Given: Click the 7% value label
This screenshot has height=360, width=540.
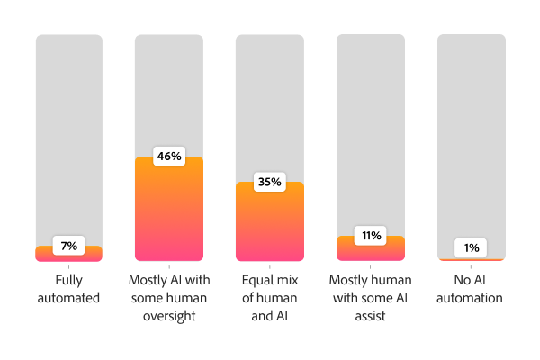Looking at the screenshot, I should [69, 246].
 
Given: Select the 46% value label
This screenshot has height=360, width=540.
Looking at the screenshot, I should [169, 157].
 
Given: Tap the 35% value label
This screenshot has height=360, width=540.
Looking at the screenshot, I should [270, 182].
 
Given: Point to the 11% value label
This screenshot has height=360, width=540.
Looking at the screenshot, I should [371, 236].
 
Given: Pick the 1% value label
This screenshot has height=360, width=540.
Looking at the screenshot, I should [472, 247].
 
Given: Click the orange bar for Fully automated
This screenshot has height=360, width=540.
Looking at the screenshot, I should [69, 256].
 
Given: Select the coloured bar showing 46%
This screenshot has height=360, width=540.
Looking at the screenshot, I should [169, 216].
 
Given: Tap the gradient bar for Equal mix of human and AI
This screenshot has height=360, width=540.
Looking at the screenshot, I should [270, 229].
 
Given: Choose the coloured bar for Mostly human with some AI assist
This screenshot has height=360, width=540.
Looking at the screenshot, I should [371, 251].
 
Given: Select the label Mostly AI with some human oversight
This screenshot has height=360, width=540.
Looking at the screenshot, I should [169, 298].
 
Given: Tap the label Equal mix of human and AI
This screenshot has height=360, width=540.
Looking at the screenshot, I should [270, 298].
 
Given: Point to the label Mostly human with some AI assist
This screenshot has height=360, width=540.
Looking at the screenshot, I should [371, 298].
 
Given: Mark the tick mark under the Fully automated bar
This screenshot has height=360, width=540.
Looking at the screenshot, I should [69, 265].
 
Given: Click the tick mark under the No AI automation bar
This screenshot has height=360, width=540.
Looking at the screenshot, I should [472, 265].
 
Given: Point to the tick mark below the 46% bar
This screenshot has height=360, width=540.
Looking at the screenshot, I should [169, 265].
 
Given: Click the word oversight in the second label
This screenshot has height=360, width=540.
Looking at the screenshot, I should [169, 315].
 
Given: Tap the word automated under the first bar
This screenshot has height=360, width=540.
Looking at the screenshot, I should [69, 298].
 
